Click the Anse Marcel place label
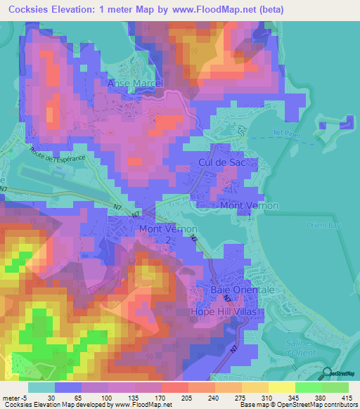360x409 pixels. coord(135,83)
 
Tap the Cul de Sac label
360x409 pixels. coord(216,162)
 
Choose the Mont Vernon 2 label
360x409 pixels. coord(167,233)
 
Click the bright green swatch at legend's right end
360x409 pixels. coord(335,387)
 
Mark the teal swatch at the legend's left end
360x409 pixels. coord(41,387)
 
